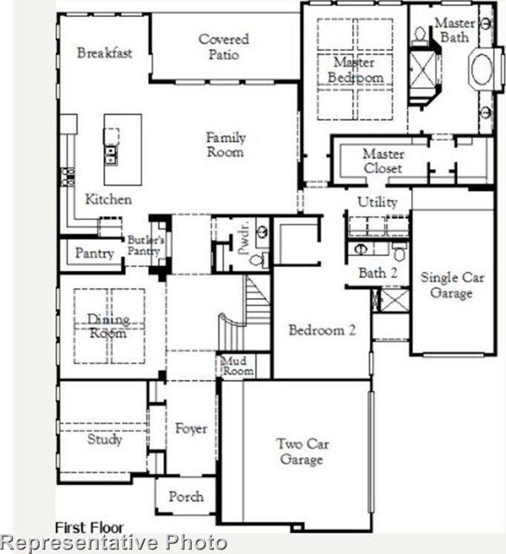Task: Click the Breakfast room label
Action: (x=104, y=53)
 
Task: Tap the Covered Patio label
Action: (x=224, y=46)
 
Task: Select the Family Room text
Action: (x=225, y=144)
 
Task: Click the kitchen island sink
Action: (x=111, y=154)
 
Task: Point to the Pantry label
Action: (x=94, y=253)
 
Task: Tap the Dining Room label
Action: (x=108, y=326)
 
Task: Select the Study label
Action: (x=104, y=439)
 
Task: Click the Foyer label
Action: (x=190, y=428)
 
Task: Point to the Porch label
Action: (x=186, y=496)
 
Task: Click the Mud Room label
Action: (x=238, y=365)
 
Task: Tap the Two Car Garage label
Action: (x=302, y=452)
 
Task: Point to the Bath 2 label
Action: (x=378, y=273)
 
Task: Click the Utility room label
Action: (x=377, y=201)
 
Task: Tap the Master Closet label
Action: (x=383, y=161)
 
